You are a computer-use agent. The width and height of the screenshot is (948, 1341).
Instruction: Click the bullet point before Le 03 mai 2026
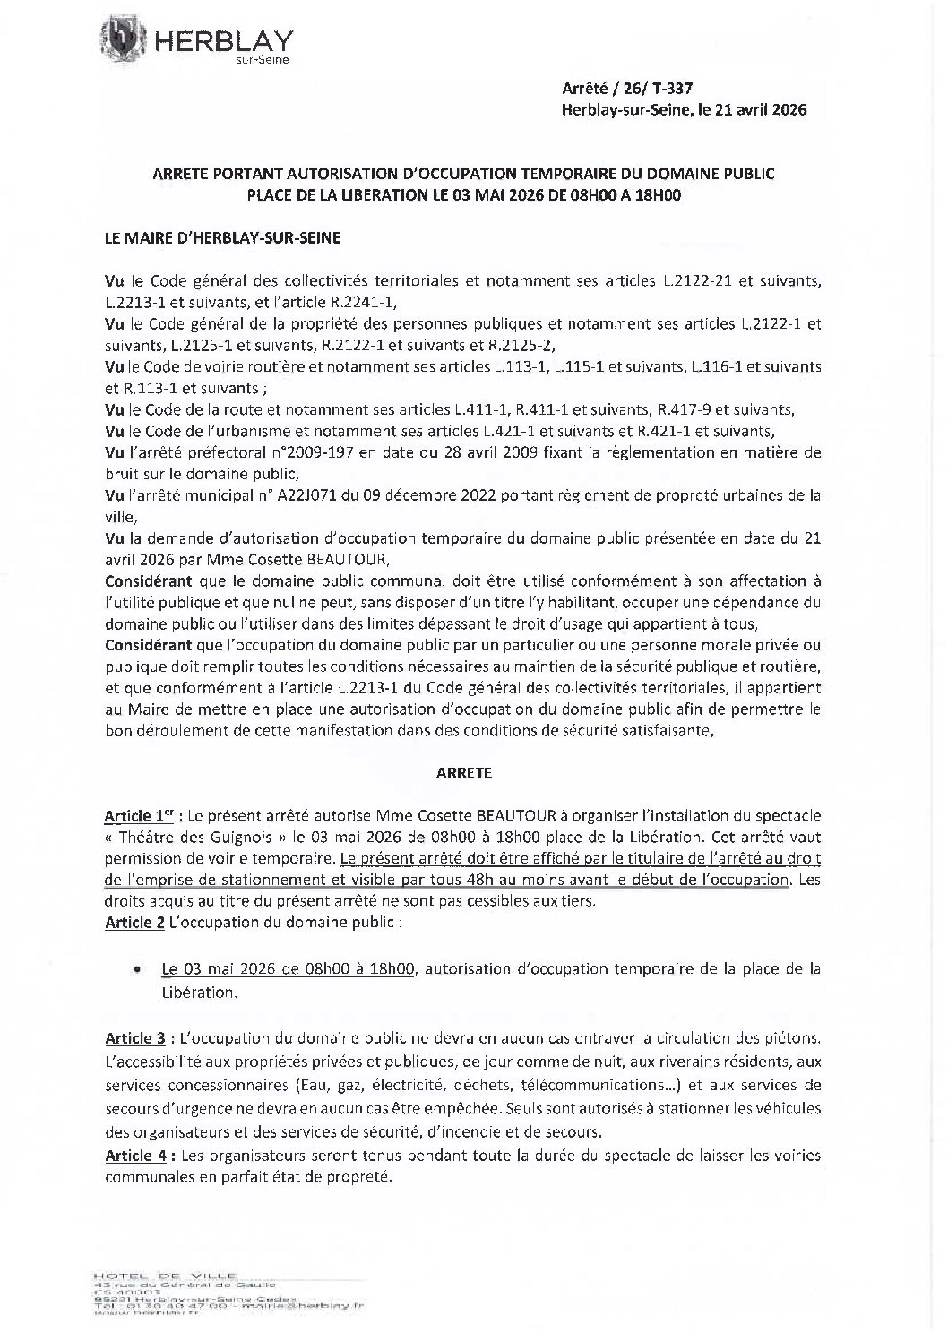point(135,969)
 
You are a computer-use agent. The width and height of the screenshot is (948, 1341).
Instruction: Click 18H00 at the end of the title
point(658,195)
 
